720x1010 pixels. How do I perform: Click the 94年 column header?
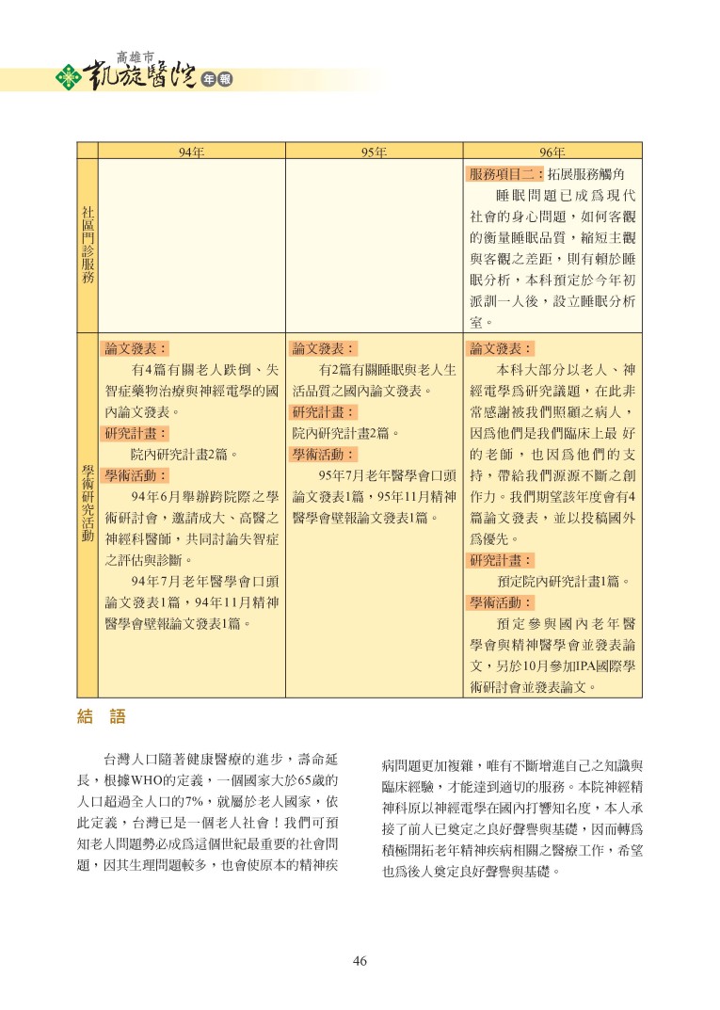192,151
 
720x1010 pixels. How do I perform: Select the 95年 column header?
374,151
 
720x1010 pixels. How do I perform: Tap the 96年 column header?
552,151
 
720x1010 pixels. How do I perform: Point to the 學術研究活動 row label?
88,503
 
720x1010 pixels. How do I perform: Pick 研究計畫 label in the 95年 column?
323,412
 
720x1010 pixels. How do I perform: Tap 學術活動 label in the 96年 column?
502,602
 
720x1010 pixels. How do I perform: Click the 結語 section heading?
101,718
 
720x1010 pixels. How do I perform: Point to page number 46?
360,961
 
